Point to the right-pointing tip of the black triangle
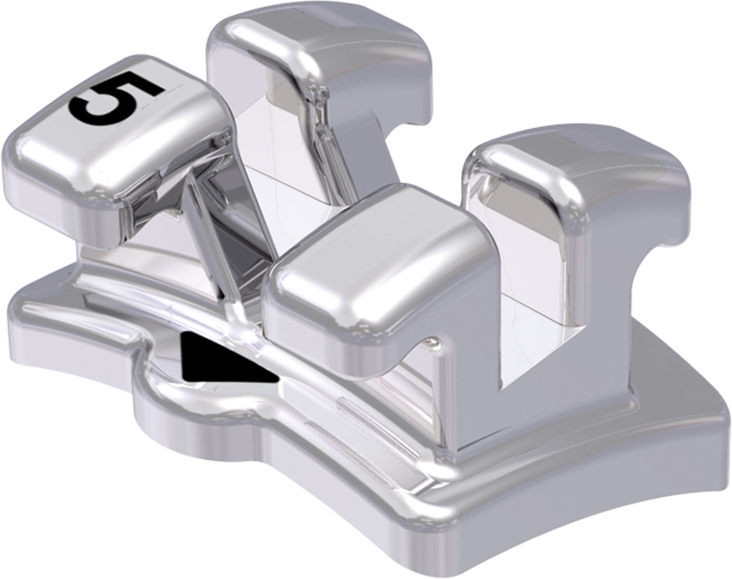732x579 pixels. pos(277,379)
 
